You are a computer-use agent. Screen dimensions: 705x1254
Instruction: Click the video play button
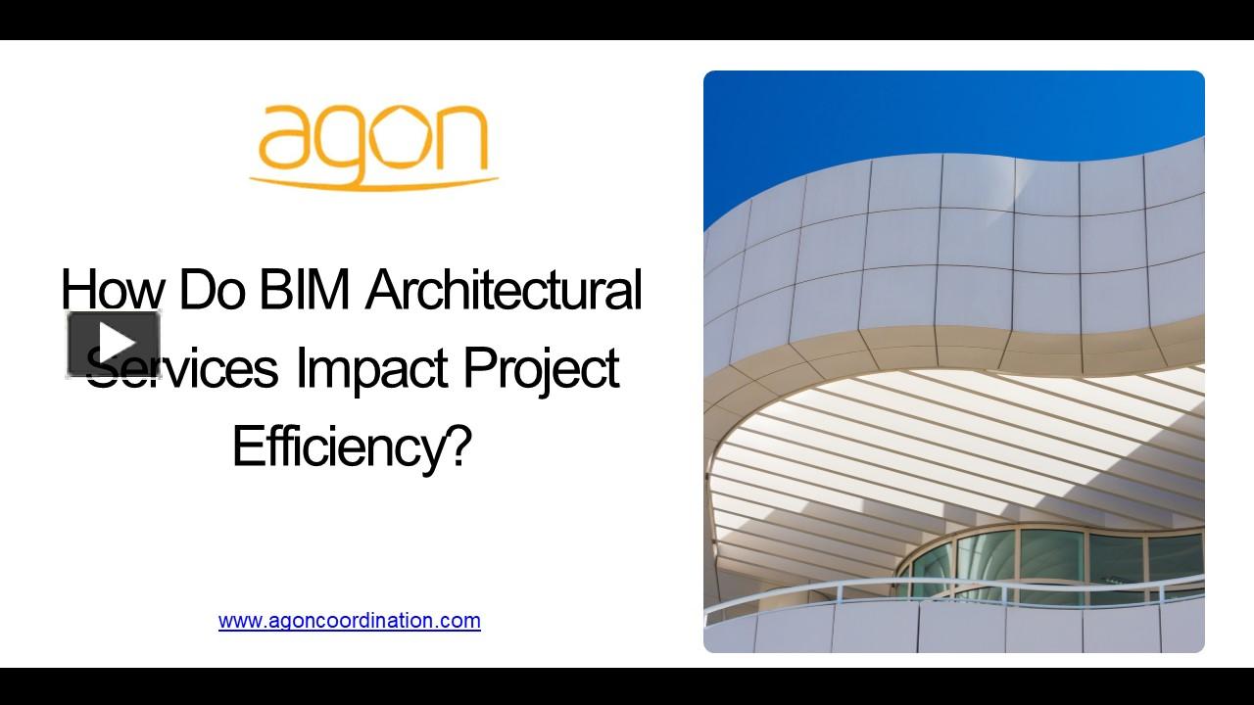pos(114,344)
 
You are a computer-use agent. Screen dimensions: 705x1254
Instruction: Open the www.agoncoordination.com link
pos(349,620)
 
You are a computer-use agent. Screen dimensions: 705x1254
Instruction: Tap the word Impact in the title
pos(372,368)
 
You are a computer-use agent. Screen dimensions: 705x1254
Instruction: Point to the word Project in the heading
pos(541,368)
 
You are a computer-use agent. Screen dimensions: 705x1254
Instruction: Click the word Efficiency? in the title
pos(352,446)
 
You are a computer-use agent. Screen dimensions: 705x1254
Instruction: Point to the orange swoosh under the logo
pos(373,181)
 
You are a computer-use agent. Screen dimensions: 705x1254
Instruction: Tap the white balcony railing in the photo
pos(940,590)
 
